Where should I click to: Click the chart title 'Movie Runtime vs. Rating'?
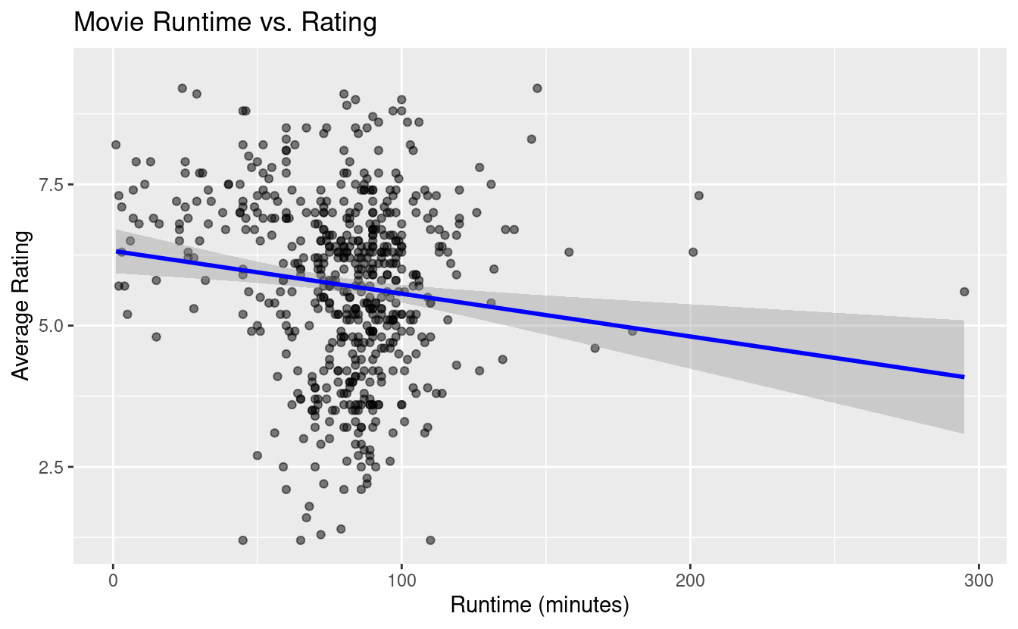click(225, 23)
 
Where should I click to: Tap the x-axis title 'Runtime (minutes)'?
click(540, 605)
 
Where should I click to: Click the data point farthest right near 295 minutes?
click(964, 292)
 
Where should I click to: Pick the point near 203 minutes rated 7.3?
click(698, 196)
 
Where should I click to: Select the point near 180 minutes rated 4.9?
click(632, 331)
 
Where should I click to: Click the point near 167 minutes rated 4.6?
click(595, 348)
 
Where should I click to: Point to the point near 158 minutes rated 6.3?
click(569, 252)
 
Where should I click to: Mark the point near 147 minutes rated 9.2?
click(537, 89)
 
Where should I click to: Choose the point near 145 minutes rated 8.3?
click(531, 139)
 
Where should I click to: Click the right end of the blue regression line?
click(963, 377)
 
